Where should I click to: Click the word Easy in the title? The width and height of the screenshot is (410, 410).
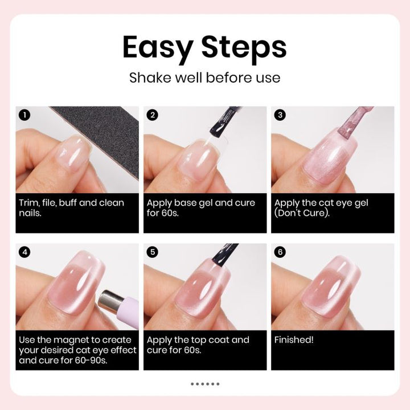click(157, 48)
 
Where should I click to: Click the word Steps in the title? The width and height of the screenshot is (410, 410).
click(244, 48)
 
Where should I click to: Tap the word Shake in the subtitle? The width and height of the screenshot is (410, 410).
click(150, 77)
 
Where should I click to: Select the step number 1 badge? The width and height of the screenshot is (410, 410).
click(24, 115)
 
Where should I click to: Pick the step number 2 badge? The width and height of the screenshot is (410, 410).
click(153, 115)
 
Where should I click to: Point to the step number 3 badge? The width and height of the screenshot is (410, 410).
click(280, 115)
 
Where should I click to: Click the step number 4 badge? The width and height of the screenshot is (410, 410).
click(24, 252)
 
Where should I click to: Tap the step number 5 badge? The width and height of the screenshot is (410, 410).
click(153, 252)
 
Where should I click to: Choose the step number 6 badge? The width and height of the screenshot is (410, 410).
click(280, 252)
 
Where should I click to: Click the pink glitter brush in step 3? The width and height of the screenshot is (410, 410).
click(354, 123)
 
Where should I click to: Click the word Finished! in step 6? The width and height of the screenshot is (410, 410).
click(294, 339)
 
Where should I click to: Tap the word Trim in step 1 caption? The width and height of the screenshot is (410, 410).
click(29, 203)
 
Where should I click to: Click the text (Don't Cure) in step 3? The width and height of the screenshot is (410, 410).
click(302, 213)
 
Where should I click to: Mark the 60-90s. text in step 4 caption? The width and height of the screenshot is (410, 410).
click(91, 360)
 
